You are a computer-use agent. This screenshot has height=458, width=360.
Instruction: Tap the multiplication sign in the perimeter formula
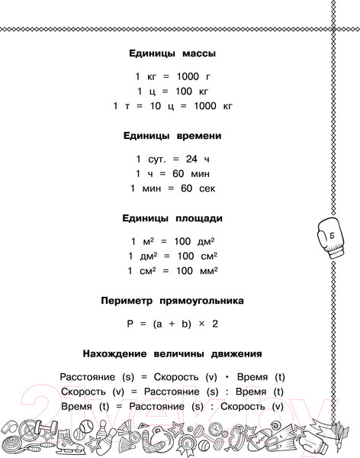coord(198,324)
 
